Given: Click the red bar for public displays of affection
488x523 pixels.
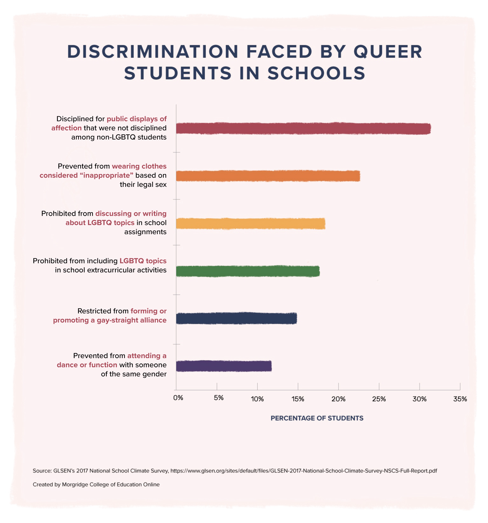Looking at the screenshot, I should coord(303,129).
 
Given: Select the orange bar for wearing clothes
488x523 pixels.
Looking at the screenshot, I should coord(268,176).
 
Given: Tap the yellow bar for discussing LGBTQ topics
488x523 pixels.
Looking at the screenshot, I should coord(250,223).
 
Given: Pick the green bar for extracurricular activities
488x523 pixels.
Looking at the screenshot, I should coord(247,271).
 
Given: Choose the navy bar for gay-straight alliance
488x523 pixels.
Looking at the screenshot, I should coord(236,318).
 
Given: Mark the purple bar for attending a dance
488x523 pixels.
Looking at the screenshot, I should coord(224,366).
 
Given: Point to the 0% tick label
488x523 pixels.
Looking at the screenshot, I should coord(178,398).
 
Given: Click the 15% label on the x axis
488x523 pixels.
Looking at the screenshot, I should coord(298,399).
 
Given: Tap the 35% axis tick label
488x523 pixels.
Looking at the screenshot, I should coord(460,399).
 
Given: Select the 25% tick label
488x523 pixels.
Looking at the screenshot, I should coord(379,399).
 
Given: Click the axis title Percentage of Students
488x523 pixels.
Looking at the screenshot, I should coord(317,418).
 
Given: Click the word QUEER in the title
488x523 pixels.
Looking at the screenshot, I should coord(388,52).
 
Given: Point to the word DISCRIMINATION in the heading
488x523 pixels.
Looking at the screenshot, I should coord(153,52).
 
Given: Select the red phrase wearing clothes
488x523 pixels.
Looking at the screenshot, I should coord(139,166).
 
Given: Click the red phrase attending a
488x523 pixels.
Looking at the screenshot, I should coord(147,356).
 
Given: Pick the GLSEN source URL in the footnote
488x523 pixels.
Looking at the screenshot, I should coord(303,471).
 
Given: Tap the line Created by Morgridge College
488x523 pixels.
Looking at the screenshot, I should coord(96,485).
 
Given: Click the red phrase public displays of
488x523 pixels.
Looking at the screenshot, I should coord(136,119).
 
